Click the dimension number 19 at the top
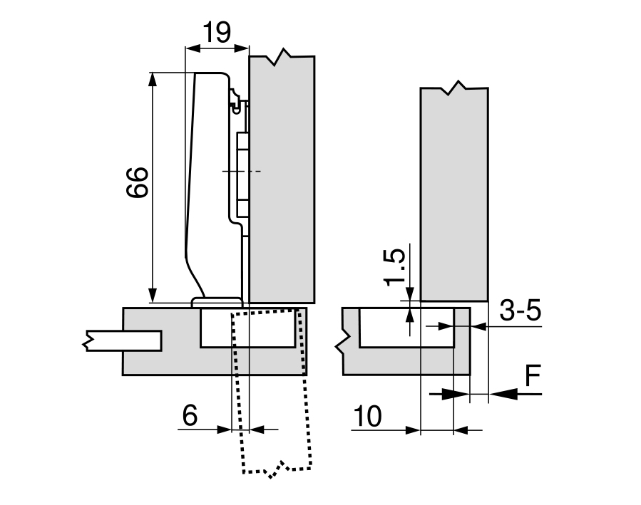pos(217,32)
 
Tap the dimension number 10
pos(366,416)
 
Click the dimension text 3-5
pos(520,311)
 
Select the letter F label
pos(532,377)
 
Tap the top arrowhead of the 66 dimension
pos(152,79)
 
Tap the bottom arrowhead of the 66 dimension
pos(152,295)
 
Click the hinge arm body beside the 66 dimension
pos(210,178)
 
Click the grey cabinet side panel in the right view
pos(454,192)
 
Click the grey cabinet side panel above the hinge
pos(282,178)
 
